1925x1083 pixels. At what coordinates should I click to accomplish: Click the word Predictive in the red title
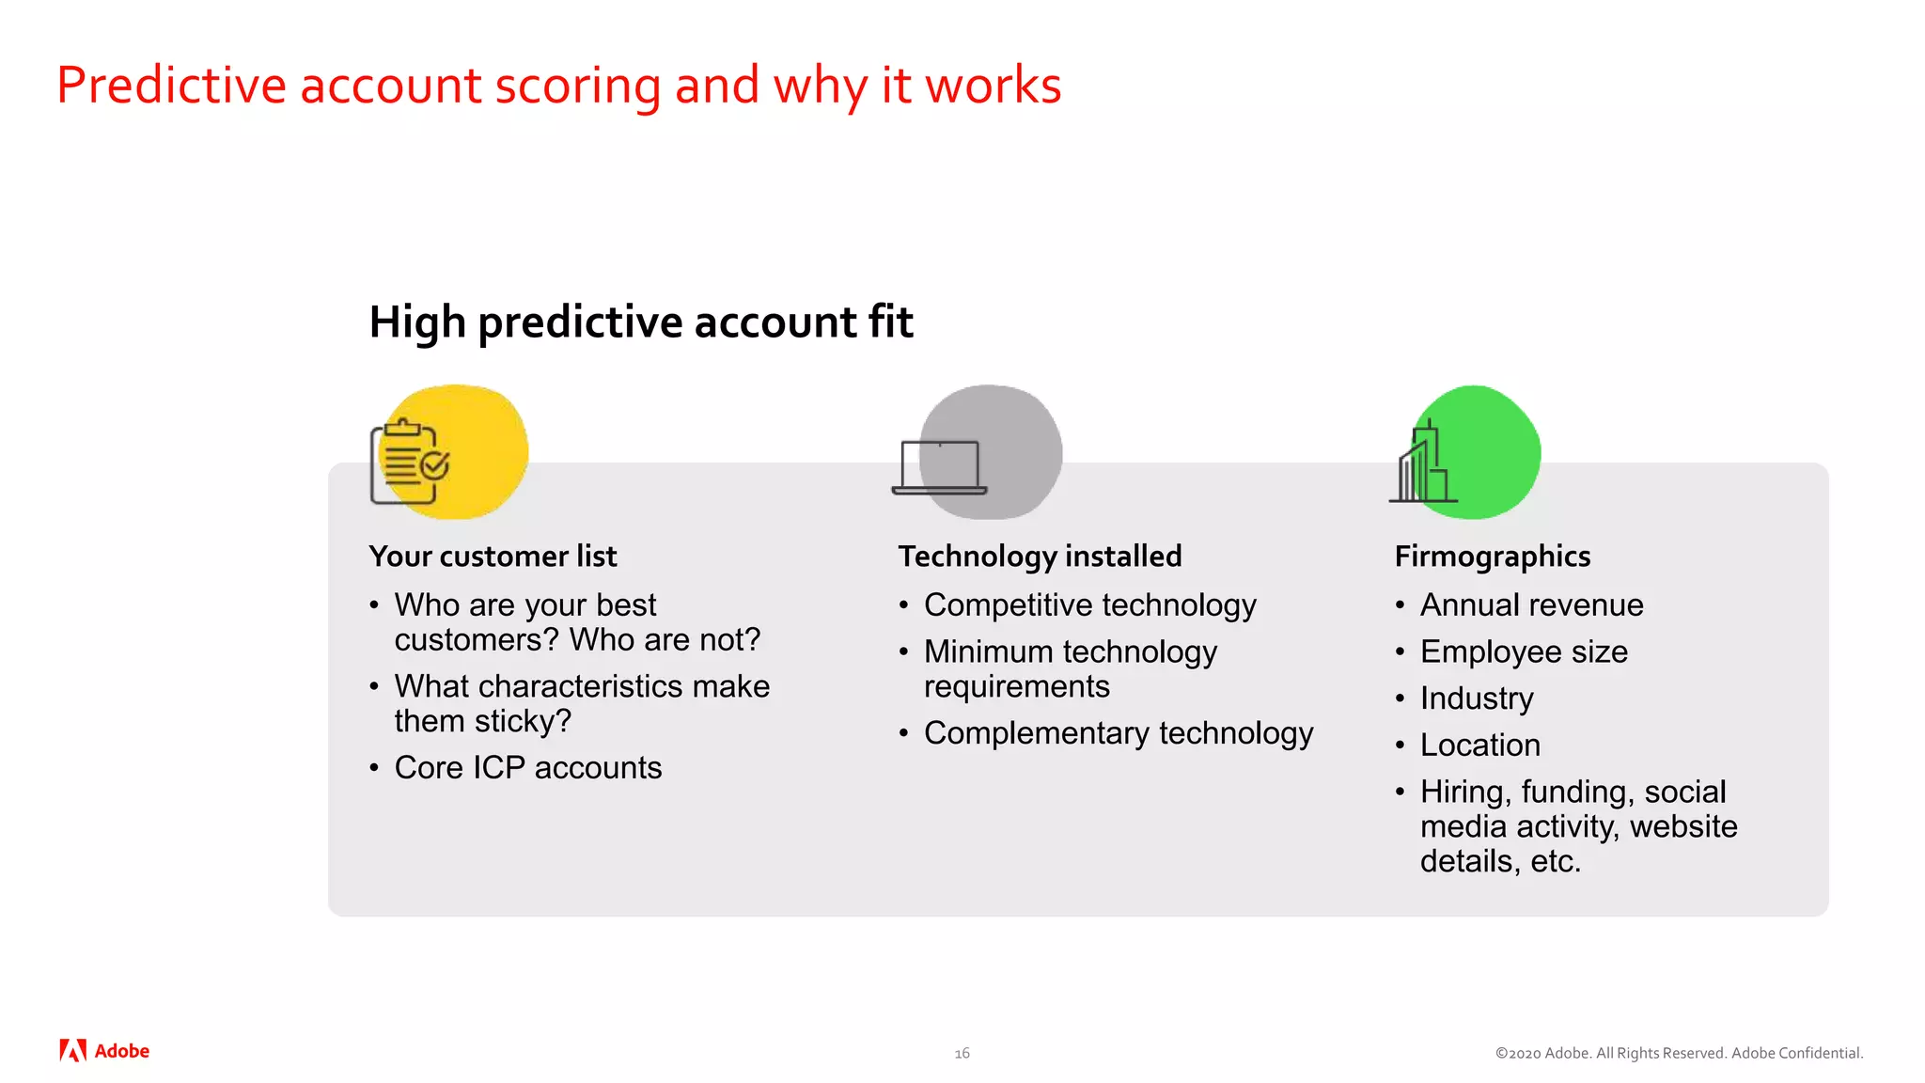click(x=171, y=86)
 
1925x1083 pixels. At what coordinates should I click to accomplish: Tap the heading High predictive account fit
click(x=640, y=322)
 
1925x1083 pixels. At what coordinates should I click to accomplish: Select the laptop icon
click(x=939, y=466)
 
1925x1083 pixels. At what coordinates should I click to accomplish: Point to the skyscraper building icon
click(x=1422, y=464)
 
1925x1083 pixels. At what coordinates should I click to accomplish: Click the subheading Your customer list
click(x=493, y=557)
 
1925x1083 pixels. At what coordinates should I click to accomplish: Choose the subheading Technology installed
click(x=1040, y=557)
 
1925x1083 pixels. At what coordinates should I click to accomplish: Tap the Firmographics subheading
click(x=1492, y=557)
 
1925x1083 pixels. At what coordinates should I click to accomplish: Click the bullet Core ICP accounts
click(x=527, y=768)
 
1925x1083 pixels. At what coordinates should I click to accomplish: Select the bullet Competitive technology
click(x=1089, y=605)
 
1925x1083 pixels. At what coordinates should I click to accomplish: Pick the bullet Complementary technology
click(x=1118, y=733)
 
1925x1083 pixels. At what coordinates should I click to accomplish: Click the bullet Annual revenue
click(x=1531, y=605)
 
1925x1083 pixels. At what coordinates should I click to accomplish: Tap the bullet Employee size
click(x=1524, y=652)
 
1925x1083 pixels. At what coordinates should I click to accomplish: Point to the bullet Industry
click(x=1476, y=698)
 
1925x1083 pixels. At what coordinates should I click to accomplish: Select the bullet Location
click(x=1479, y=746)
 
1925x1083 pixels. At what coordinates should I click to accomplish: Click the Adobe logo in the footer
click(x=104, y=1051)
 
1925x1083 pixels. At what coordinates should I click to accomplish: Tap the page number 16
click(x=962, y=1054)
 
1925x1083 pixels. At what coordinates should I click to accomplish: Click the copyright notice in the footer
click(x=1679, y=1054)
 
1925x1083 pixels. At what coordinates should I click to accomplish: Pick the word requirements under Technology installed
click(x=1016, y=687)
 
